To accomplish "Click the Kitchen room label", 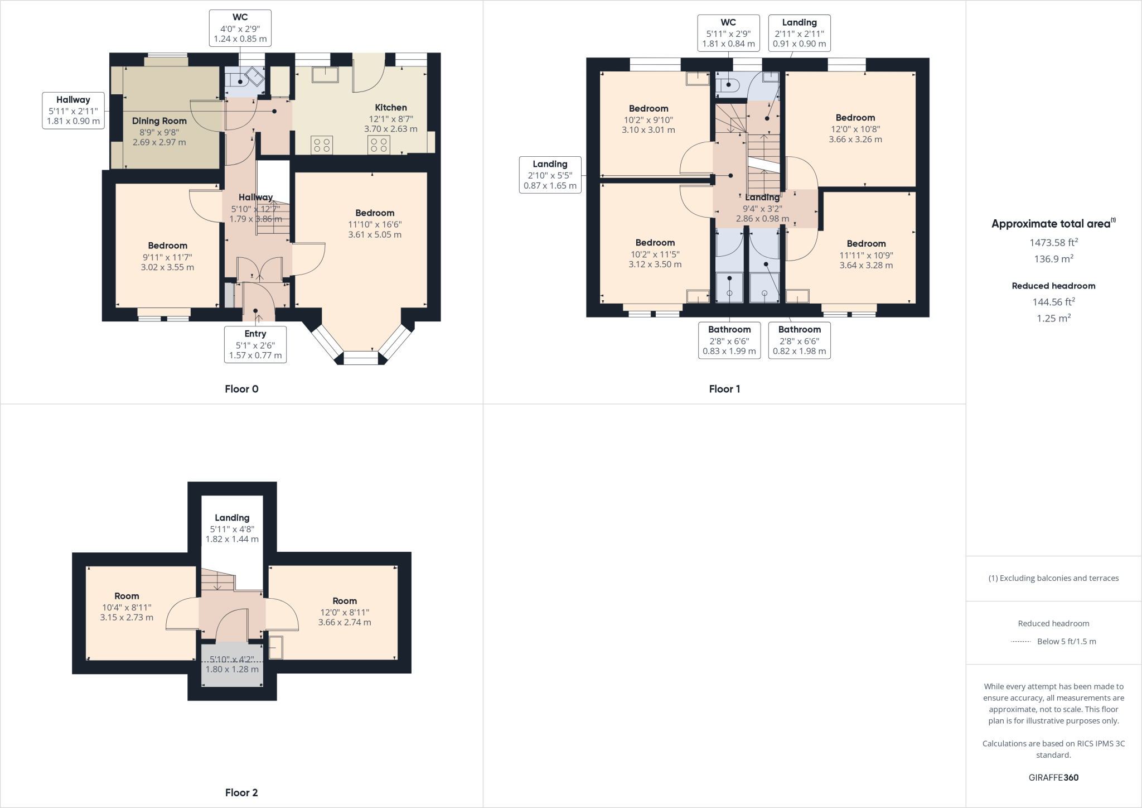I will click(390, 108).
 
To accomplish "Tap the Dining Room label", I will click(159, 121).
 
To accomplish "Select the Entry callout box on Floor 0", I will click(255, 344).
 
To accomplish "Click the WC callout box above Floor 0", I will click(240, 28).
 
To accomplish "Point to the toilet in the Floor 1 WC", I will click(729, 85).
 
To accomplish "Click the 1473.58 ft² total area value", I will click(1053, 243).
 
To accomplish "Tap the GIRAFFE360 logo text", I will click(1053, 777).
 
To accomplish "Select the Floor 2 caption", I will click(241, 792).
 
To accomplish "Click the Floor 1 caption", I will click(724, 389).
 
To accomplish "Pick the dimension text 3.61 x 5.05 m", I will click(375, 235).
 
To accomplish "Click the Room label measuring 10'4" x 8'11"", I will click(127, 596).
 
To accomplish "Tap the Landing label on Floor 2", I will click(232, 518).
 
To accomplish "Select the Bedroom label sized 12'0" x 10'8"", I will click(855, 118).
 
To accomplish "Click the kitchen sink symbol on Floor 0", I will click(326, 74).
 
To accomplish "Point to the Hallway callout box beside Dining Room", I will click(73, 110).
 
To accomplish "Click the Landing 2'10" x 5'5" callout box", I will click(550, 175).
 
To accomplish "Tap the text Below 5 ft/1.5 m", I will click(1066, 641).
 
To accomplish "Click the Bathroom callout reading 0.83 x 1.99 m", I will click(729, 340).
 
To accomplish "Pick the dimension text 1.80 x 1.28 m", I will click(232, 669).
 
